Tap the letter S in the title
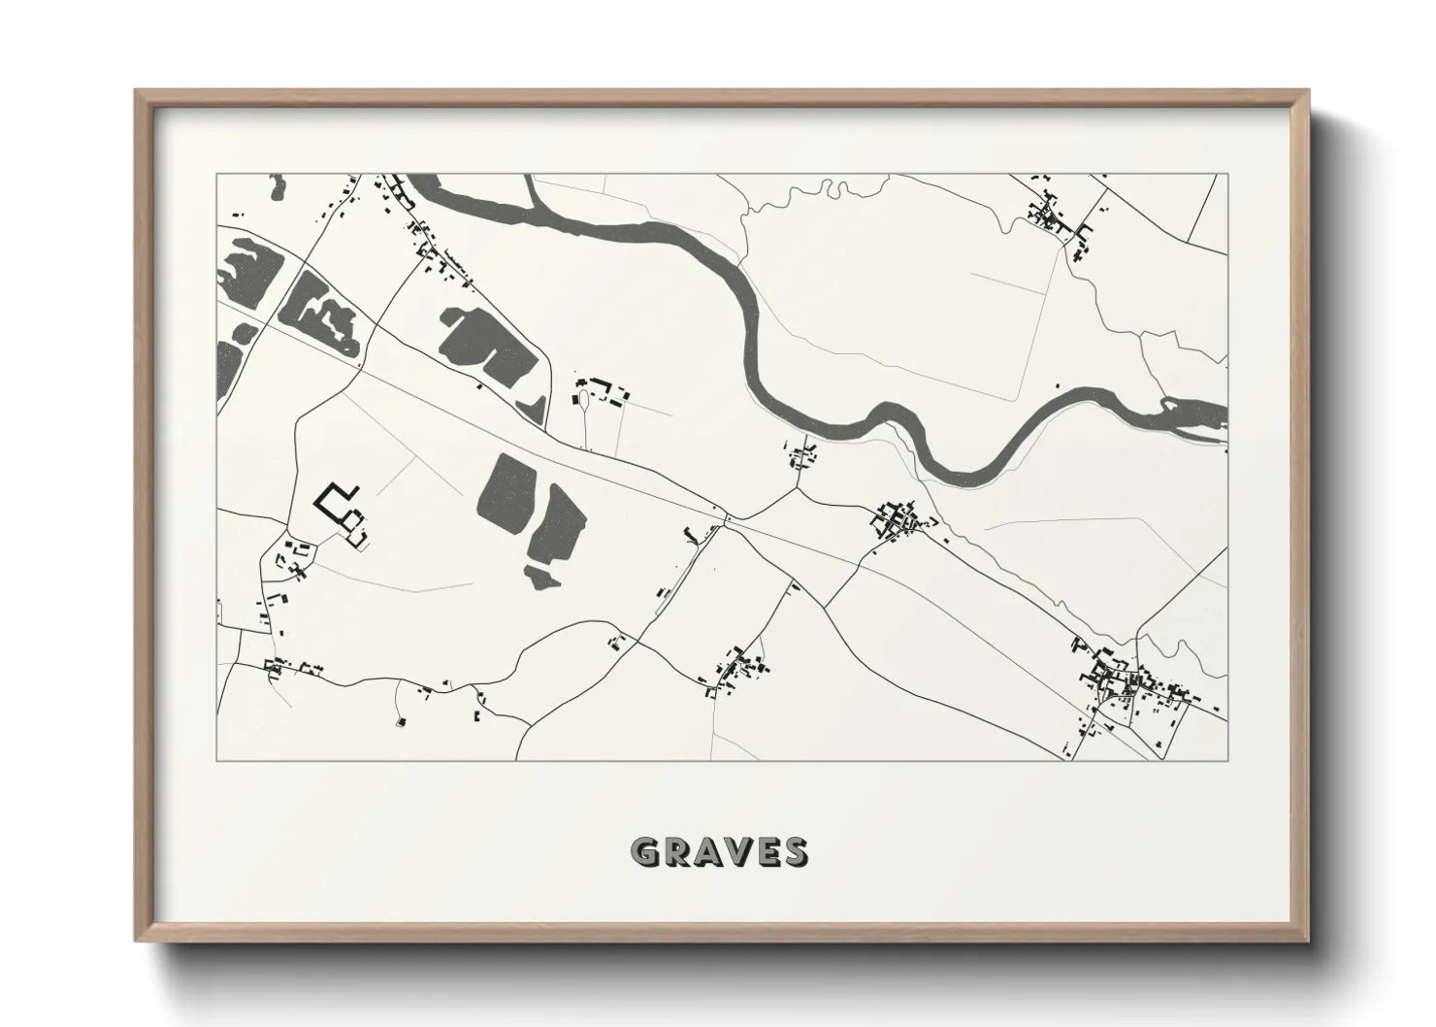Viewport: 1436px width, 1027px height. pos(794,852)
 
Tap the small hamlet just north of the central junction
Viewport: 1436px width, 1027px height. pos(802,453)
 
